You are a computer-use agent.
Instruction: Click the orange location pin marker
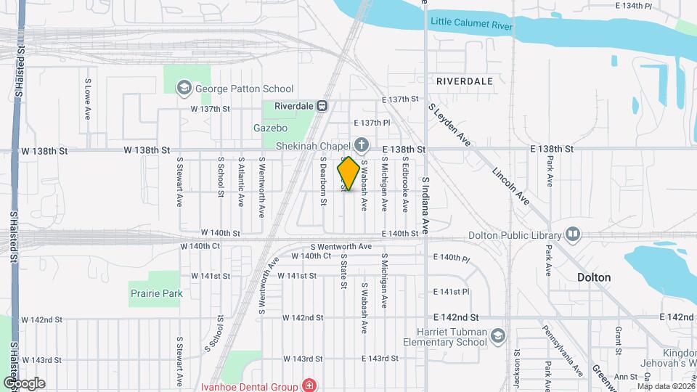pyautogui.click(x=348, y=173)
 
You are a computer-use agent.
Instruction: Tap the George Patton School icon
pyautogui.click(x=184, y=89)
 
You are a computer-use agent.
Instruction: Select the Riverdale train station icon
pyautogui.click(x=322, y=105)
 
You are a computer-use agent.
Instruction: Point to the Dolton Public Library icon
pyautogui.click(x=573, y=234)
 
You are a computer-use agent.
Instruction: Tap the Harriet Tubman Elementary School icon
pyautogui.click(x=497, y=335)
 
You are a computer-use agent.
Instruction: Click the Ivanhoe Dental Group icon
pyautogui.click(x=310, y=385)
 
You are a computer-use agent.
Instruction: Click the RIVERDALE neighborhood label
pyautogui.click(x=465, y=81)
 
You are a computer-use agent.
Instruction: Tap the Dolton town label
pyautogui.click(x=593, y=277)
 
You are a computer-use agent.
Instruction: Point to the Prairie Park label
pyautogui.click(x=156, y=293)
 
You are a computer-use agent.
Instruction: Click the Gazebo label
pyautogui.click(x=266, y=128)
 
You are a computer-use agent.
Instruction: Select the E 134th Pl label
pyautogui.click(x=634, y=6)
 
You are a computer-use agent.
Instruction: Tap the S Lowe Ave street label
pyautogui.click(x=88, y=99)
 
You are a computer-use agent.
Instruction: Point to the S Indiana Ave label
pyautogui.click(x=425, y=205)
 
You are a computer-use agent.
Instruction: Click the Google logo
pyautogui.click(x=24, y=383)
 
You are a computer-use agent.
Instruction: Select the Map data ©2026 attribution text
pyautogui.click(x=664, y=386)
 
